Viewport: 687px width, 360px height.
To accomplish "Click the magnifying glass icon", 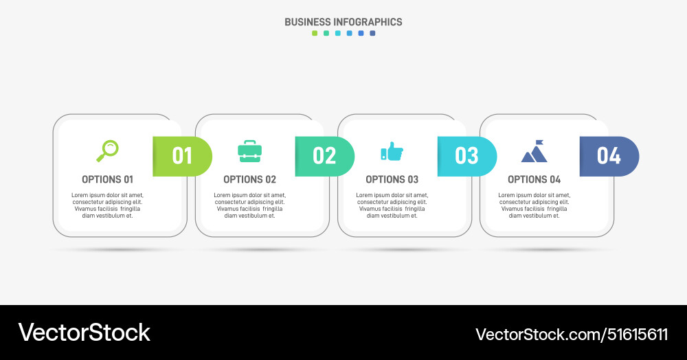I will (107, 150).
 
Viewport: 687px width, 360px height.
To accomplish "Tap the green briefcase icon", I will (249, 151).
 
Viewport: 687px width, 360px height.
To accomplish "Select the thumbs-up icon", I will (392, 151).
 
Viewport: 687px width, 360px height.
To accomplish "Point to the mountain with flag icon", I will (534, 152).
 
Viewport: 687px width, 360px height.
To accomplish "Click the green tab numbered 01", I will (182, 156).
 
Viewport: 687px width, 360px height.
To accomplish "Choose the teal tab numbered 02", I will (324, 156).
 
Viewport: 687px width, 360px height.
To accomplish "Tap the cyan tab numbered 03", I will (466, 156).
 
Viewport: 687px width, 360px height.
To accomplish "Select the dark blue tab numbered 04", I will (609, 156).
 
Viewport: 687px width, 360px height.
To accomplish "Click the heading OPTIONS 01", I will (107, 179).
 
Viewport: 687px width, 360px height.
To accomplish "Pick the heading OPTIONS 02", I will (249, 179).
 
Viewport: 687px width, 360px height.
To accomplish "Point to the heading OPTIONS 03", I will (392, 179).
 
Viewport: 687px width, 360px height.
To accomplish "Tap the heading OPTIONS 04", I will (534, 179).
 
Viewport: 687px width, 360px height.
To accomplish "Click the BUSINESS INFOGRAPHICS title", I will (343, 22).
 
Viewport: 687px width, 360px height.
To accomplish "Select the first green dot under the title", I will (315, 33).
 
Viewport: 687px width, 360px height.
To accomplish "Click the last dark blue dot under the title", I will (372, 33).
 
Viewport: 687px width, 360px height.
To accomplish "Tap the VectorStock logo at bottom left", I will (84, 333).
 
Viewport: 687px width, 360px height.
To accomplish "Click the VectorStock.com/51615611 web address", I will (572, 335).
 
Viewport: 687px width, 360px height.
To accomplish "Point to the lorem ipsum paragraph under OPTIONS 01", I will (107, 205).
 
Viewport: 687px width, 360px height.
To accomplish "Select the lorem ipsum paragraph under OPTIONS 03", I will (392, 205).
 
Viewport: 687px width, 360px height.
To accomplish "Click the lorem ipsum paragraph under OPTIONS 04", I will (534, 205).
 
